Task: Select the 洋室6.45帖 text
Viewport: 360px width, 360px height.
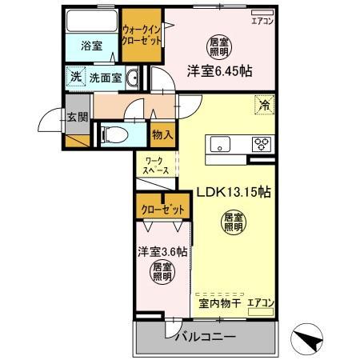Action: (x=220, y=70)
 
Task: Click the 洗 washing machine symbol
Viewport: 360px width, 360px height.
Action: (x=74, y=78)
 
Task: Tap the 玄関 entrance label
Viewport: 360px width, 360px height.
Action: (x=78, y=116)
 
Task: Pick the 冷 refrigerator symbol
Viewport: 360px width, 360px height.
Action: (x=263, y=102)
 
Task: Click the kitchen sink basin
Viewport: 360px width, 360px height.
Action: (x=220, y=144)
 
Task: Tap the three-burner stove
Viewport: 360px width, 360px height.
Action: (x=262, y=144)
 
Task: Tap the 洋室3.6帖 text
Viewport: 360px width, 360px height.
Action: (x=162, y=251)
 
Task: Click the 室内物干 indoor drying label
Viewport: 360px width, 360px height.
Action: (x=216, y=303)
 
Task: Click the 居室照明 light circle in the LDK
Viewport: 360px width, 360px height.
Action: (x=233, y=222)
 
